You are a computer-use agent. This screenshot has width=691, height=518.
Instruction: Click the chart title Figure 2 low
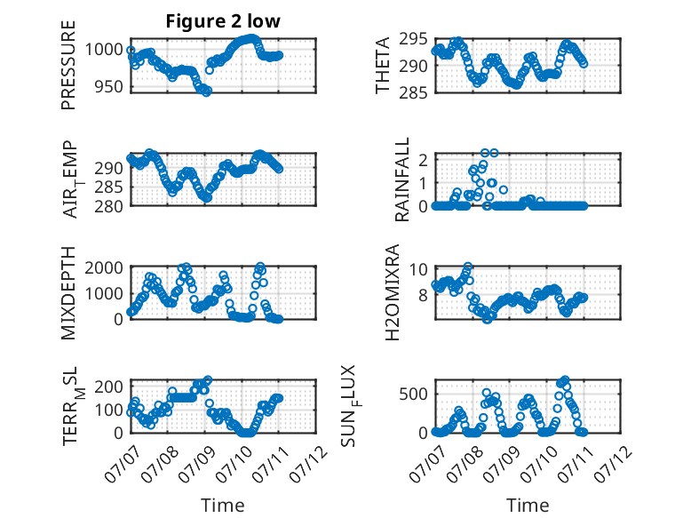pyautogui.click(x=223, y=21)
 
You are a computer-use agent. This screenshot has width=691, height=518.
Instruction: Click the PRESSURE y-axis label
pyautogui.click(x=68, y=65)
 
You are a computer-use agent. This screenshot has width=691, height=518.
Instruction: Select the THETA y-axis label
pyautogui.click(x=383, y=65)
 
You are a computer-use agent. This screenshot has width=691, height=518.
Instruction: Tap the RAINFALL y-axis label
pyautogui.click(x=402, y=179)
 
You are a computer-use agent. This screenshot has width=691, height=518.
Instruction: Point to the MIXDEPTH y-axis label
pyautogui.click(x=68, y=292)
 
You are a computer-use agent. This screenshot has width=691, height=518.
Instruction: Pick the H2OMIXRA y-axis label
pyautogui.click(x=393, y=292)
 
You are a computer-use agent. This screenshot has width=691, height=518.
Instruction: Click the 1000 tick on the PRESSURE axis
pyautogui.click(x=104, y=49)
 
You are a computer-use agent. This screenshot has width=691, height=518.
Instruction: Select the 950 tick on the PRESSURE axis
pyautogui.click(x=109, y=87)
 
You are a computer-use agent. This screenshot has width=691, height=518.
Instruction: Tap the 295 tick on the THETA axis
pyautogui.click(x=413, y=39)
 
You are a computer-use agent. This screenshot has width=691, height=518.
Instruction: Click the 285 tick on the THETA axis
pyautogui.click(x=413, y=92)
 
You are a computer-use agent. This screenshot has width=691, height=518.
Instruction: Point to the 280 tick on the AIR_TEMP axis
pyautogui.click(x=109, y=206)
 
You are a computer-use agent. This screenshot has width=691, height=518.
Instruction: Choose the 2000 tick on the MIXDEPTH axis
pyautogui.click(x=104, y=267)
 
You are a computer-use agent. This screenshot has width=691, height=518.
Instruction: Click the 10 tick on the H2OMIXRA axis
pyautogui.click(x=418, y=269)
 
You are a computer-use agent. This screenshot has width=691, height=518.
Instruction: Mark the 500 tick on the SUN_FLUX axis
pyautogui.click(x=413, y=394)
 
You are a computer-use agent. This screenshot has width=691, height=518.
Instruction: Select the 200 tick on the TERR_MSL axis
pyautogui.click(x=109, y=387)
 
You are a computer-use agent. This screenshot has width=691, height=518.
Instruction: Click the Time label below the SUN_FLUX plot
pyautogui.click(x=528, y=505)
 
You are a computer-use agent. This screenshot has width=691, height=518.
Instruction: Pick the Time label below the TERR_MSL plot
pyautogui.click(x=223, y=505)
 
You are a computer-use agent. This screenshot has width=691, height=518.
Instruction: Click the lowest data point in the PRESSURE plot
pyautogui.click(x=206, y=92)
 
